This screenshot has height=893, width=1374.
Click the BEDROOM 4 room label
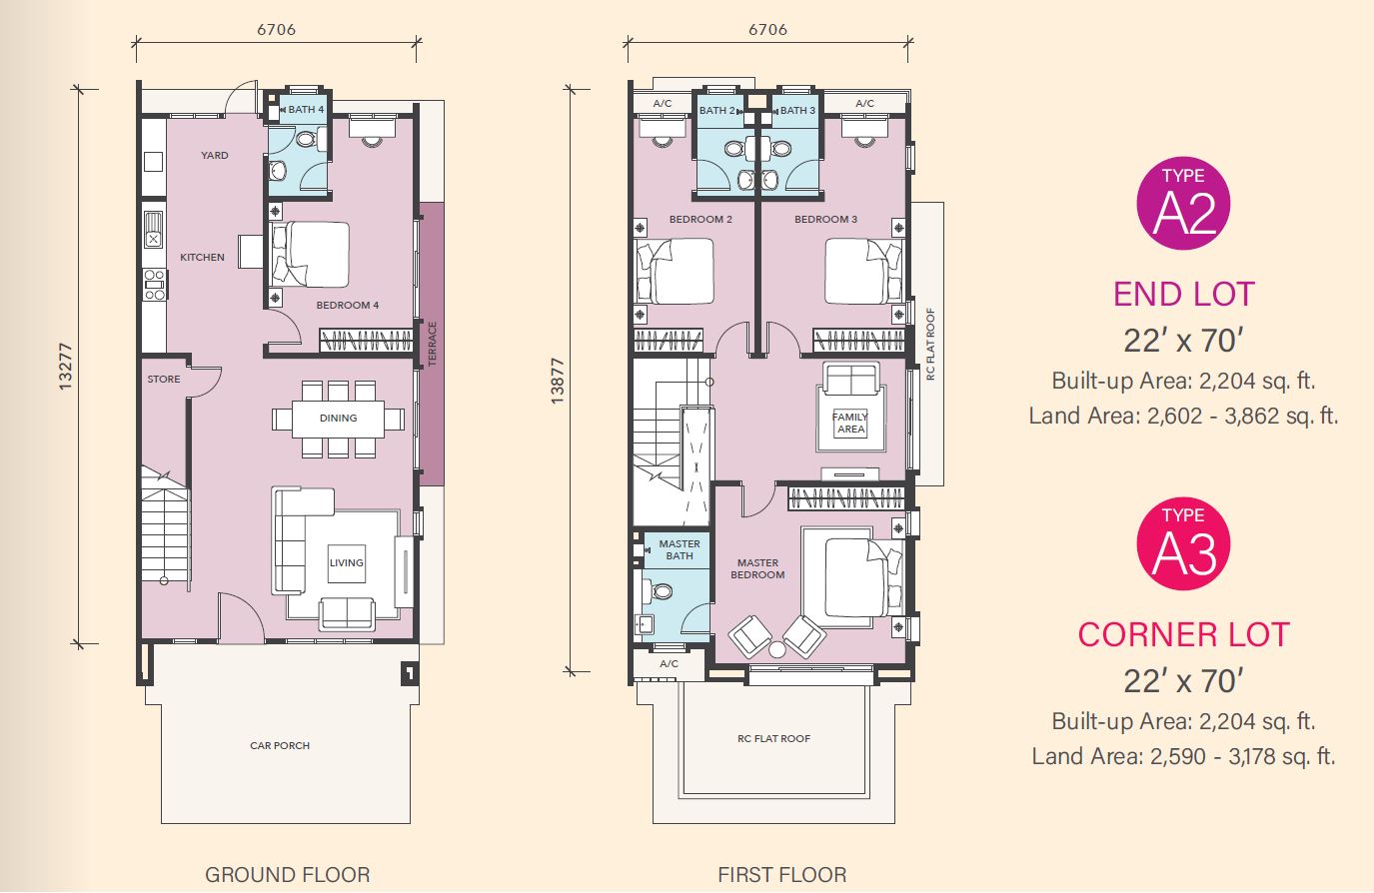coord(347,305)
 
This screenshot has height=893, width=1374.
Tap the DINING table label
coord(338,418)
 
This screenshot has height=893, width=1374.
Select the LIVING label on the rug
coord(347,562)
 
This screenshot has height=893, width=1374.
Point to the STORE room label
coord(164,379)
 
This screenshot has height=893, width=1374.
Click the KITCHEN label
coord(202,257)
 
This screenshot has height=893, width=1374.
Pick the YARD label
coord(215,155)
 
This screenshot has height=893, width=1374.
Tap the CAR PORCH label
coord(280,745)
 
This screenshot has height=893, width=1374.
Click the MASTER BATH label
coord(680,549)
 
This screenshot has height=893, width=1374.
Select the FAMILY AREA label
coord(850,423)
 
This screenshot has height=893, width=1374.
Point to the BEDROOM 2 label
coord(700,219)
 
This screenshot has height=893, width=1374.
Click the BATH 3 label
coord(797,111)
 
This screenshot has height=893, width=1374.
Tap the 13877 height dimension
coord(557,381)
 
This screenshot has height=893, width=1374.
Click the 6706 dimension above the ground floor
coord(276,29)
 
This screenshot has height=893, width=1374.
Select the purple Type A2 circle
coord(1183,203)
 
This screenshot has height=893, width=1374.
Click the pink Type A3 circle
coord(1183,543)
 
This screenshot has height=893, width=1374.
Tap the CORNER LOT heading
coord(1183,635)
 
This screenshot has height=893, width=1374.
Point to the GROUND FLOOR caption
coord(287,875)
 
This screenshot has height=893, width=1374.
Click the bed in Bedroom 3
coord(863,271)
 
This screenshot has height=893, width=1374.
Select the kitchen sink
coord(153,229)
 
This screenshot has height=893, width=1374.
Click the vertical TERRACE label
coord(432,344)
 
